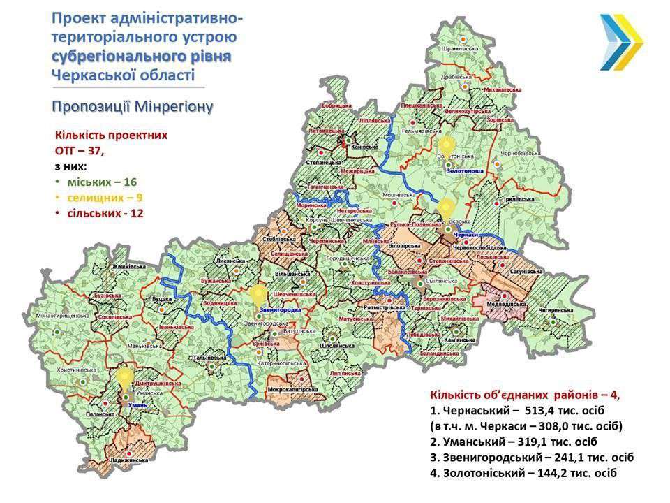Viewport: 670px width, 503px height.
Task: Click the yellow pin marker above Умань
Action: tap(124, 378)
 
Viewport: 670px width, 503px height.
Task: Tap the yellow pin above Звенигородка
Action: tap(259, 293)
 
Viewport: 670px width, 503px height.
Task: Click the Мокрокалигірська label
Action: tap(291, 388)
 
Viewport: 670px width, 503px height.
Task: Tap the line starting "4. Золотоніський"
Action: tap(523, 474)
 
